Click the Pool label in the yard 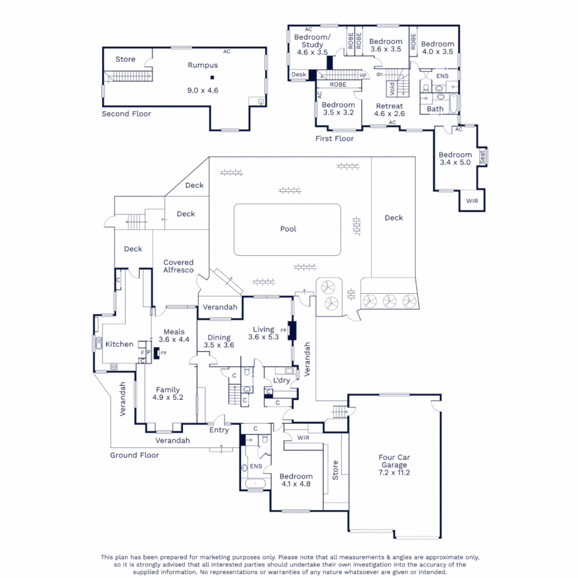click(288, 229)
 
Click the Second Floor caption click(126, 114)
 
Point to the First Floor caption click(334, 139)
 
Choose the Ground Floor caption click(134, 455)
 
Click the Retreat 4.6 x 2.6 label click(389, 110)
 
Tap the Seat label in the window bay click(482, 157)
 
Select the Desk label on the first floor click(299, 75)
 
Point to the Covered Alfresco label click(178, 266)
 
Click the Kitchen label click(119, 344)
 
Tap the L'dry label click(282, 381)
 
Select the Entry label click(219, 430)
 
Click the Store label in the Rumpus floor click(126, 59)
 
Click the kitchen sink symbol click(97, 343)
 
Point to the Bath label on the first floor click(435, 109)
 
